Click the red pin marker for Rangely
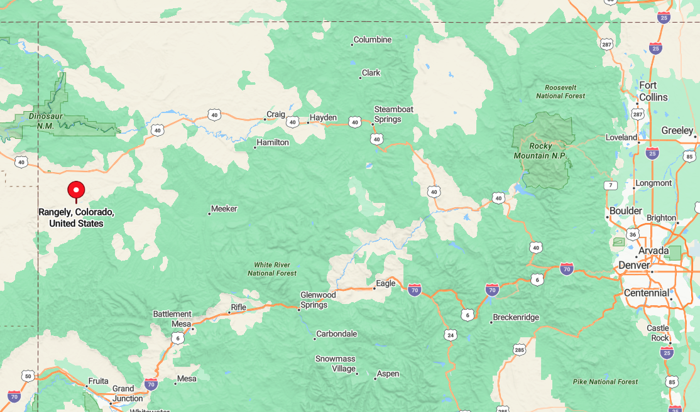(x=76, y=190)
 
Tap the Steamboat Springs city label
(x=393, y=114)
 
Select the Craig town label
(x=276, y=114)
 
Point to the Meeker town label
(x=224, y=209)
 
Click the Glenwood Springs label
(x=318, y=300)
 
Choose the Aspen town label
(x=388, y=374)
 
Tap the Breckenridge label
(x=515, y=317)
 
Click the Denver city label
(x=634, y=266)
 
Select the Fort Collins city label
(x=653, y=91)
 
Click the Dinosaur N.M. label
(x=41, y=121)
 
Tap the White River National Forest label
(x=272, y=269)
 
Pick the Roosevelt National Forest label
(x=561, y=92)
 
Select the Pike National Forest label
(x=605, y=381)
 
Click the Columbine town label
(x=372, y=40)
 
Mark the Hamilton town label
(x=273, y=143)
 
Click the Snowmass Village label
(x=336, y=364)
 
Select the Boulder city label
(x=625, y=211)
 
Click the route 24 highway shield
(x=450, y=335)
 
